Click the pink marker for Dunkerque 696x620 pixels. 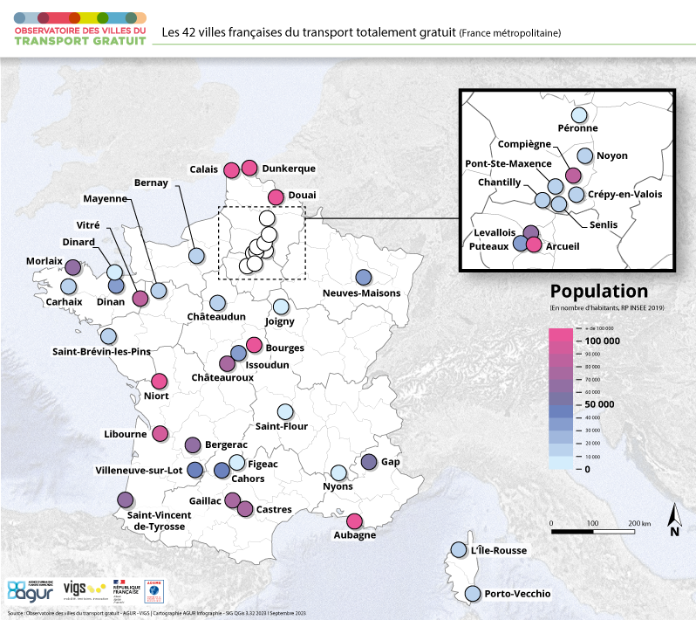click(249, 168)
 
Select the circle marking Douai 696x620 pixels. click(276, 196)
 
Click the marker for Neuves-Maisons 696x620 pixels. click(364, 277)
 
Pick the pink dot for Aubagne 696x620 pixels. click(354, 520)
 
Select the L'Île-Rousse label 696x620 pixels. click(499, 550)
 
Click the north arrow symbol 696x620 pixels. click(674, 520)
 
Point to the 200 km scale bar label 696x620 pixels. click(640, 523)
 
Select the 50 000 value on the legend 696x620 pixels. click(599, 404)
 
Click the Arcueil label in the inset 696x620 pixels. click(562, 247)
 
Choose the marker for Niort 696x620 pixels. click(159, 381)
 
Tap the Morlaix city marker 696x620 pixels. click(73, 267)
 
